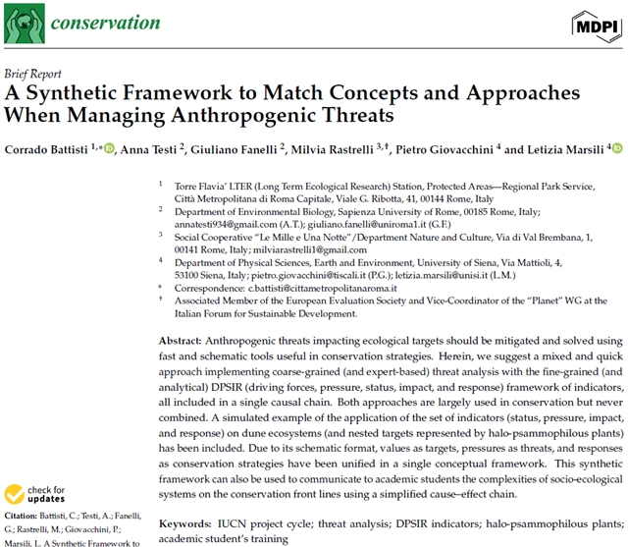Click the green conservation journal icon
click(x=22, y=23)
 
